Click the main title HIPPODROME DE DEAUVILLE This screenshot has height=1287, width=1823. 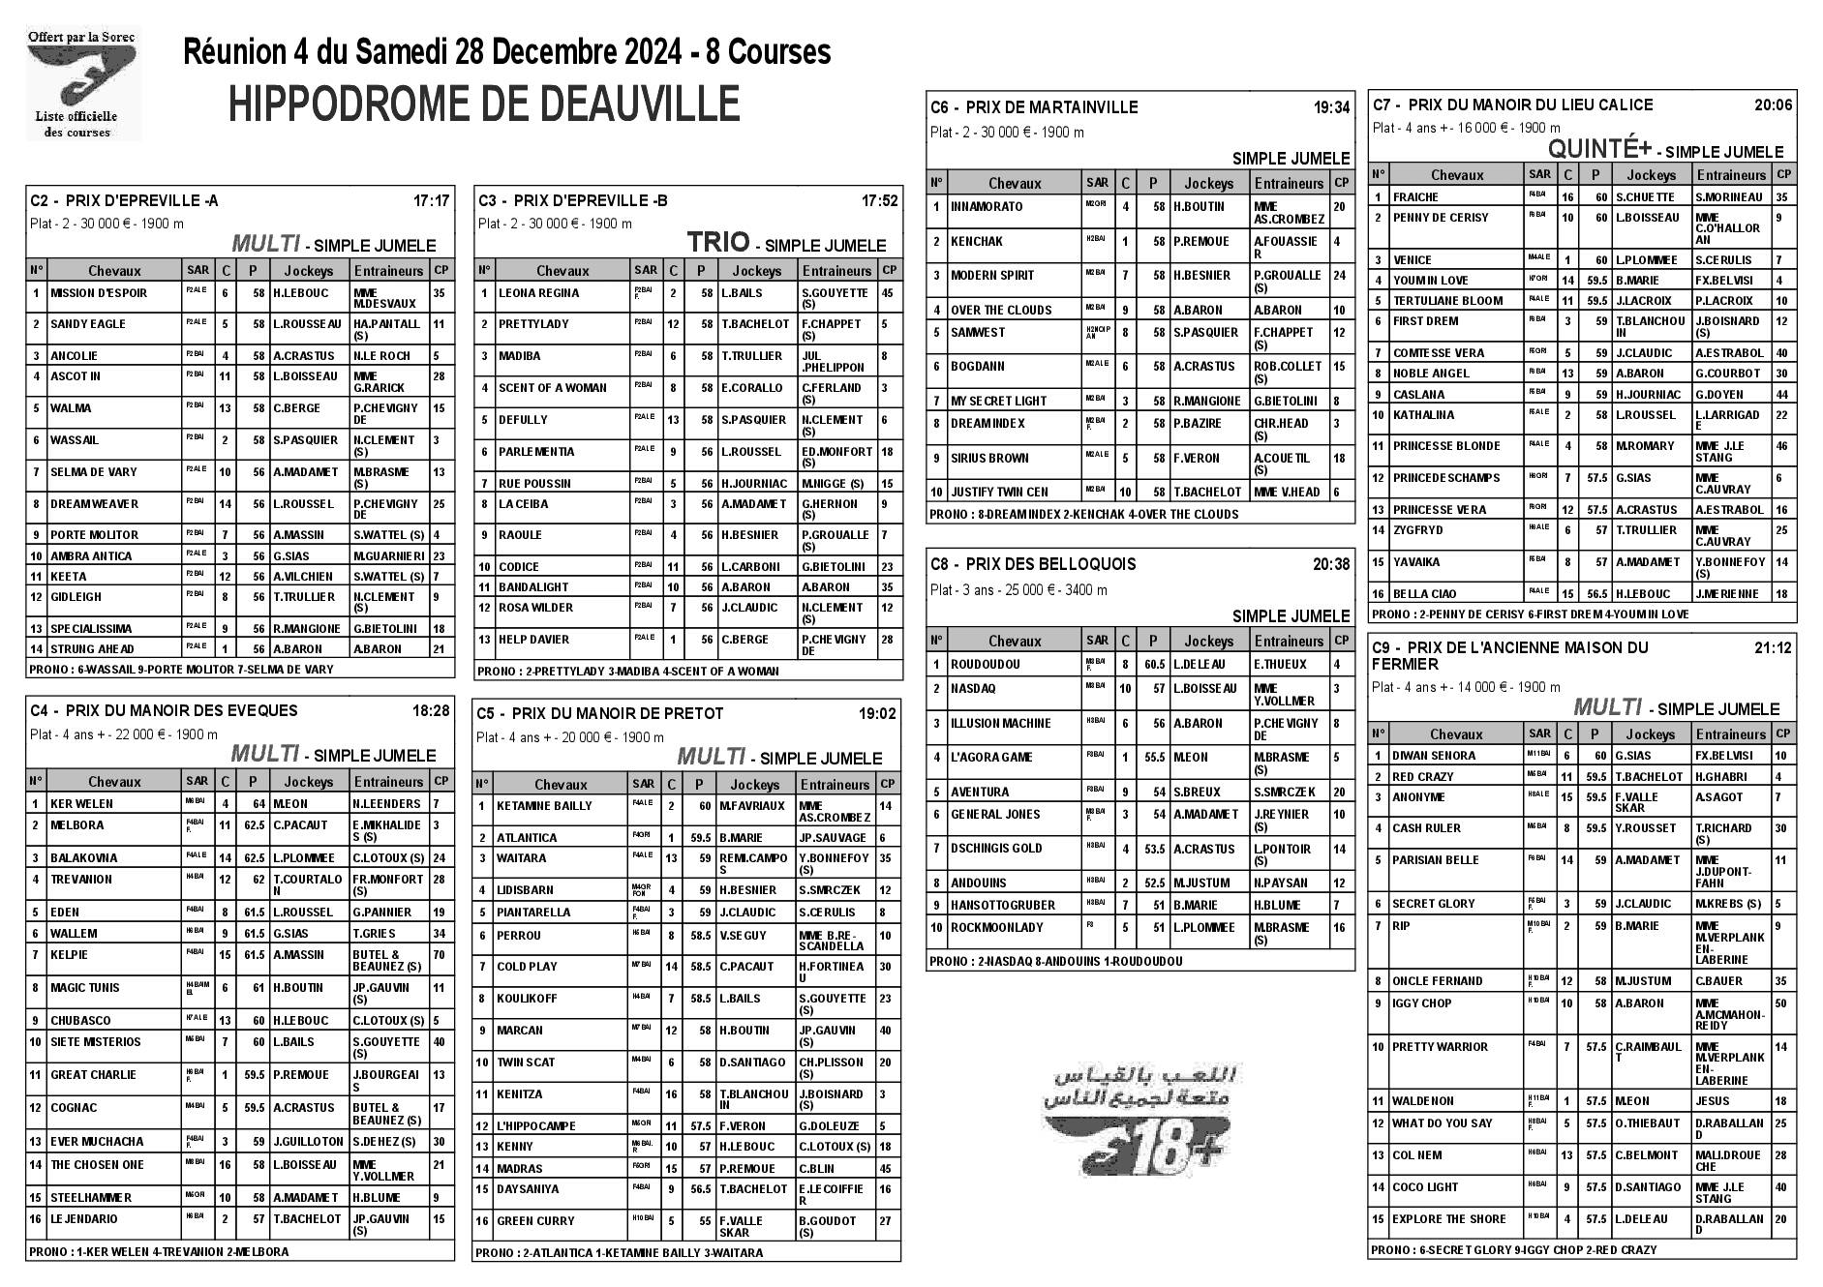click(484, 105)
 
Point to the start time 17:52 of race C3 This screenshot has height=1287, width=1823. click(879, 201)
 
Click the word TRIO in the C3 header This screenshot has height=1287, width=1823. click(718, 242)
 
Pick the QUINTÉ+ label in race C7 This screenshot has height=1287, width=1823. click(1599, 149)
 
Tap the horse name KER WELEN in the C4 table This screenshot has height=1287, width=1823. click(81, 804)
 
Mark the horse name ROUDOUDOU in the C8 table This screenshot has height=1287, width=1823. click(985, 665)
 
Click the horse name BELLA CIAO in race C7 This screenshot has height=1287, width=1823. click(1424, 594)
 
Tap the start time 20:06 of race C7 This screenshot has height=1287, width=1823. click(1773, 105)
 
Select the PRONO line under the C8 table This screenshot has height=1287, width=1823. click(1055, 962)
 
